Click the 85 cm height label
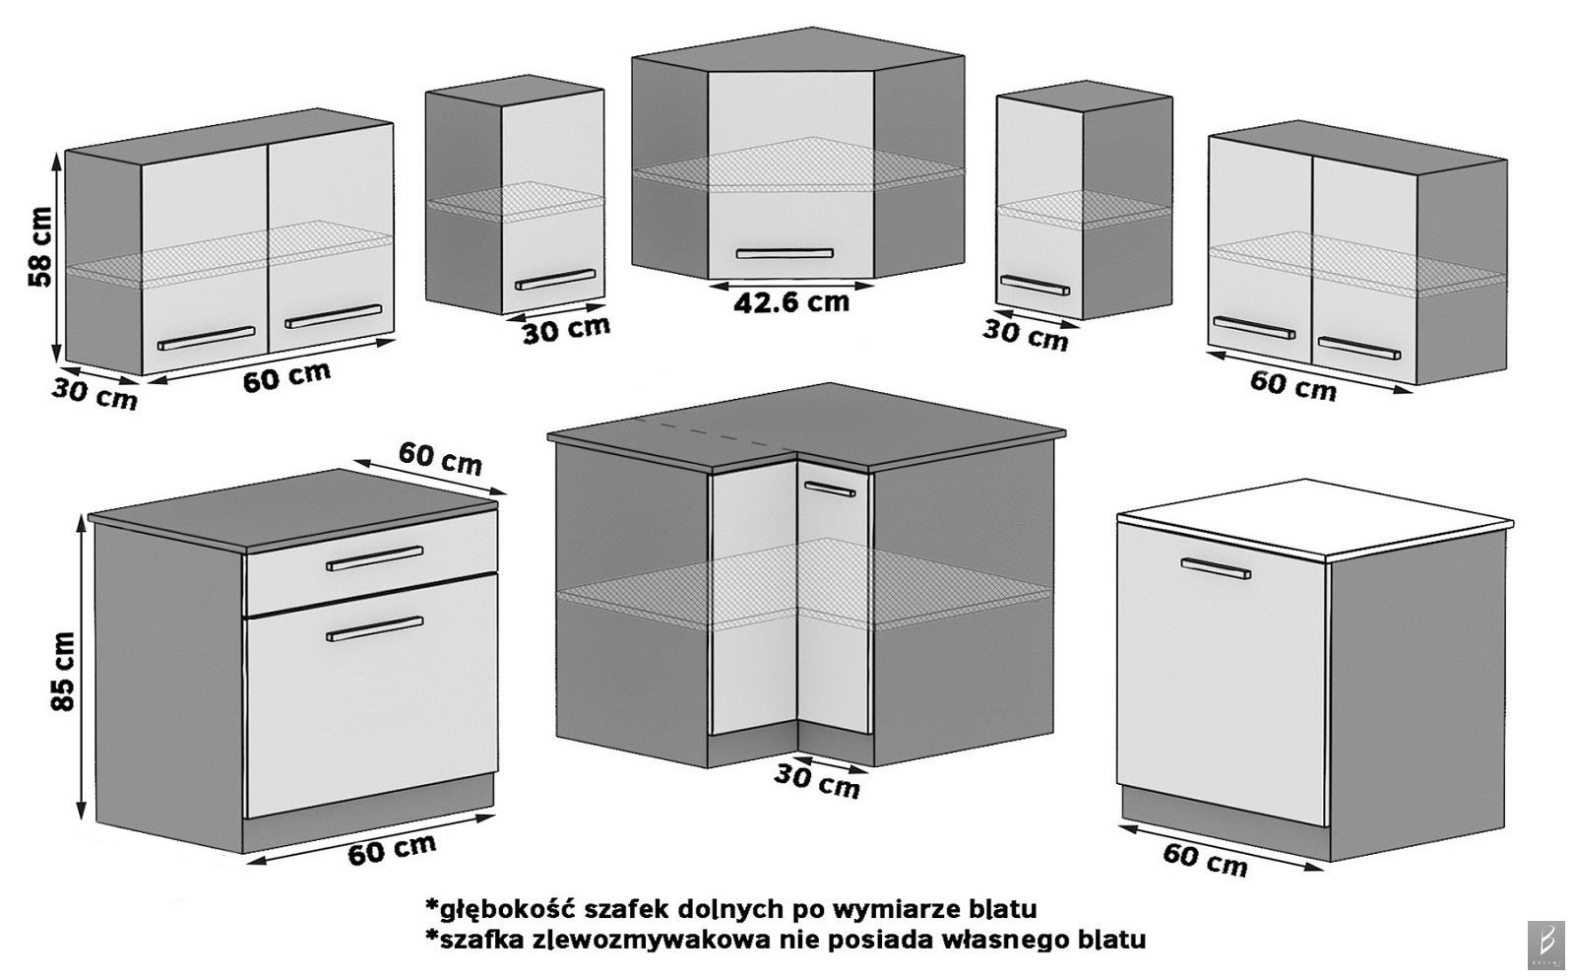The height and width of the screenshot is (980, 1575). [62, 672]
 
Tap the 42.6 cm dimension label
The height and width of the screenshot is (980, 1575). [790, 301]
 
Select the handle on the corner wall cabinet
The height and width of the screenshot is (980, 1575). [785, 254]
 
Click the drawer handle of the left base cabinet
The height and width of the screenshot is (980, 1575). [374, 558]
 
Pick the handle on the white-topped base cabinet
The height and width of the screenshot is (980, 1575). [1216, 568]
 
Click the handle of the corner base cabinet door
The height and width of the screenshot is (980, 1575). [828, 487]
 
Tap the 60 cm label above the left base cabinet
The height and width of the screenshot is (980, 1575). [440, 458]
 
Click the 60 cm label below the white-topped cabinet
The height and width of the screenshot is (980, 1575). [1205, 859]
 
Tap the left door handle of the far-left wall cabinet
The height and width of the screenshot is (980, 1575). [206, 338]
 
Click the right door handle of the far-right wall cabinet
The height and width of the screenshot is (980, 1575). [1358, 348]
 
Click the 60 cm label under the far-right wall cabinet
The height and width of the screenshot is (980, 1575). [1292, 385]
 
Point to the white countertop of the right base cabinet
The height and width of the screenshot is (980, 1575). [1314, 519]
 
